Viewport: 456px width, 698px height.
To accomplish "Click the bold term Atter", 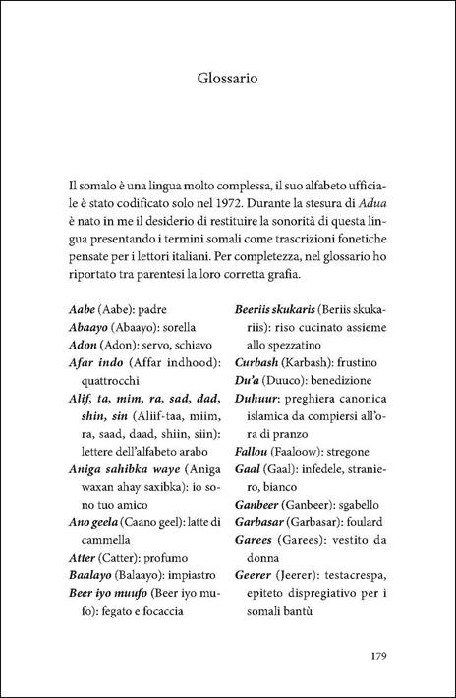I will [85, 558].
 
